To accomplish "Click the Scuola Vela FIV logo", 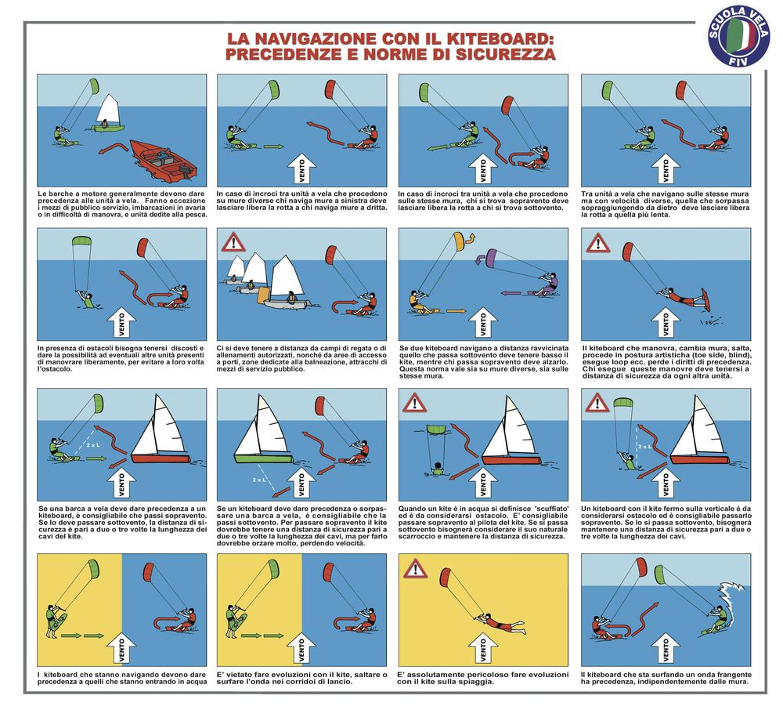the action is (x=739, y=37).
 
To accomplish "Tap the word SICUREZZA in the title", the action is (x=505, y=54).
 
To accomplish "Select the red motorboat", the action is (x=163, y=161).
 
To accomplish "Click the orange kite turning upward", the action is (x=460, y=241).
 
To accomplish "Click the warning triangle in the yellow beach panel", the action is (x=415, y=569).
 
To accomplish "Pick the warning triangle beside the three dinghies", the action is (x=233, y=242).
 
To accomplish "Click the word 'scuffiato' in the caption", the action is (x=534, y=509).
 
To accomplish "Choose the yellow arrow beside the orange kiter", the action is (x=456, y=311).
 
